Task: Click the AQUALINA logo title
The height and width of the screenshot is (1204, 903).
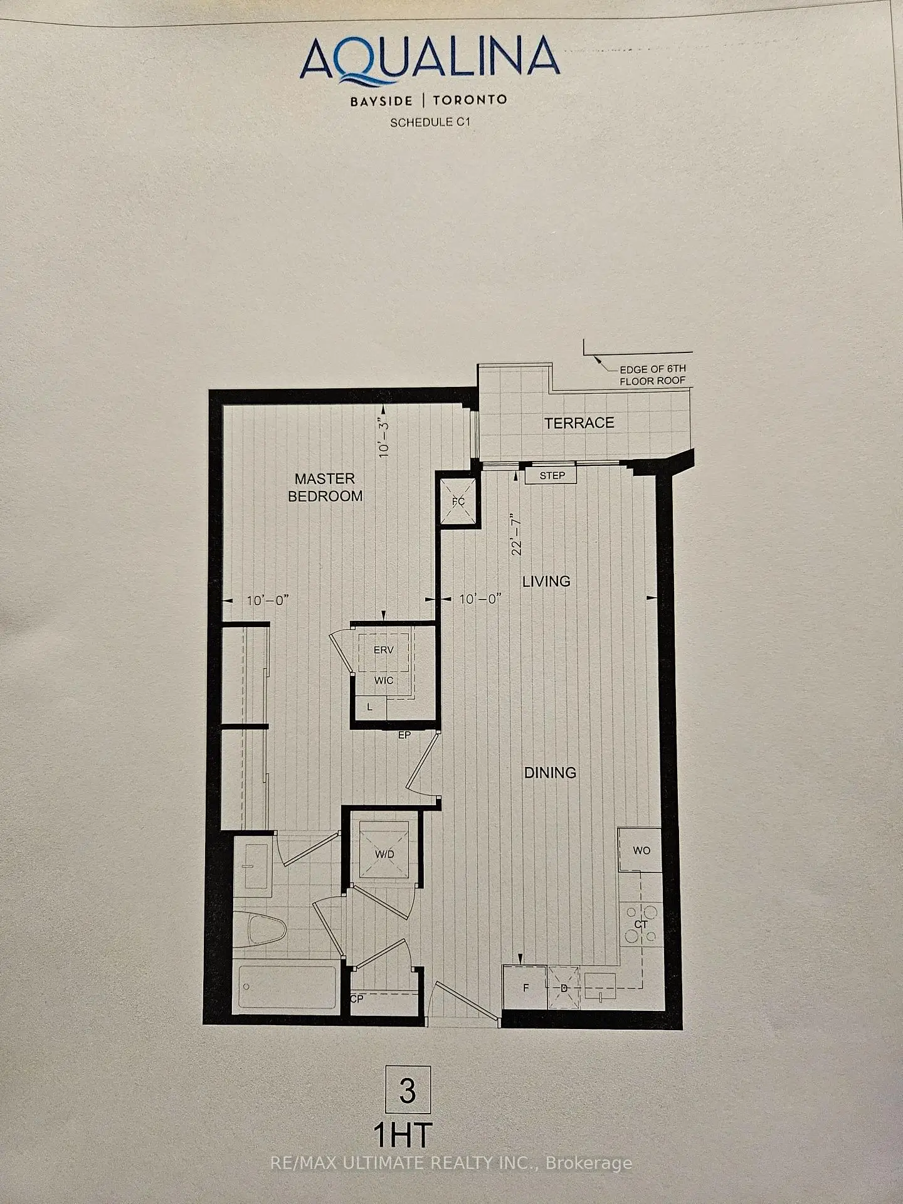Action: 430,60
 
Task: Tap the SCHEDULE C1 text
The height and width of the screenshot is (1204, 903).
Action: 430,122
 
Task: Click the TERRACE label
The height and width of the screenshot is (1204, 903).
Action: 579,423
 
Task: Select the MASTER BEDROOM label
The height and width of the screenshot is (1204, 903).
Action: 325,487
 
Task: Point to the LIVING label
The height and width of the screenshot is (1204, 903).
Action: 546,581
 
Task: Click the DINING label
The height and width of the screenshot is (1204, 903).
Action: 550,773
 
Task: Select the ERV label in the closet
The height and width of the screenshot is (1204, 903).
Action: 383,650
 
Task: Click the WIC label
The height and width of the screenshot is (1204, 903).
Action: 383,680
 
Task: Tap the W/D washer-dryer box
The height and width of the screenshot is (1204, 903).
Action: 384,853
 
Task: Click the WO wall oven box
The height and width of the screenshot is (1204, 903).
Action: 640,850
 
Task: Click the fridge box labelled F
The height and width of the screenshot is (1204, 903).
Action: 525,988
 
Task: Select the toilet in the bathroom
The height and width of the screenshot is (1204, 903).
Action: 267,931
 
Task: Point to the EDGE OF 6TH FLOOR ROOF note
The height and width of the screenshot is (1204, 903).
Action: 653,375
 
